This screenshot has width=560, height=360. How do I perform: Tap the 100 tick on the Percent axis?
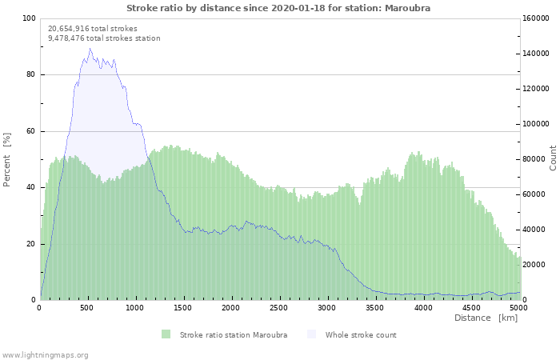point(30,18)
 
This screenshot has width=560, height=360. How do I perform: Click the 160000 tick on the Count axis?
point(536,18)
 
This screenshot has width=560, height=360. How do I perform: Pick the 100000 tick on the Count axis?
point(536,124)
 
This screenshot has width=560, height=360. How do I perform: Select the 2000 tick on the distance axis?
point(231,307)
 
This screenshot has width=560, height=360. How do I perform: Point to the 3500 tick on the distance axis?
point(375,307)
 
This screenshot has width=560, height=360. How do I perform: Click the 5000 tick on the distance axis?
point(518,307)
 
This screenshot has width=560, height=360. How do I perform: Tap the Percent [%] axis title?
point(7,159)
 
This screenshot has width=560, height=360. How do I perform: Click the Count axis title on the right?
point(553,158)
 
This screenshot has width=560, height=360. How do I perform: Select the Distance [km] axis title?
point(486,318)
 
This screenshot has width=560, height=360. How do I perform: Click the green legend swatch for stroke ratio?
point(166,334)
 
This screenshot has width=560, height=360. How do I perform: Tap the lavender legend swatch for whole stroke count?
point(311,334)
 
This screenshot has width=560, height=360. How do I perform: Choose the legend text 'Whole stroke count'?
point(361,334)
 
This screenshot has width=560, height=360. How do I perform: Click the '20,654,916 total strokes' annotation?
point(93,29)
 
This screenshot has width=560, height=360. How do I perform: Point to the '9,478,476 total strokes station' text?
point(104,38)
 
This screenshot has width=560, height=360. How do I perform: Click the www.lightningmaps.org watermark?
point(45,354)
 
